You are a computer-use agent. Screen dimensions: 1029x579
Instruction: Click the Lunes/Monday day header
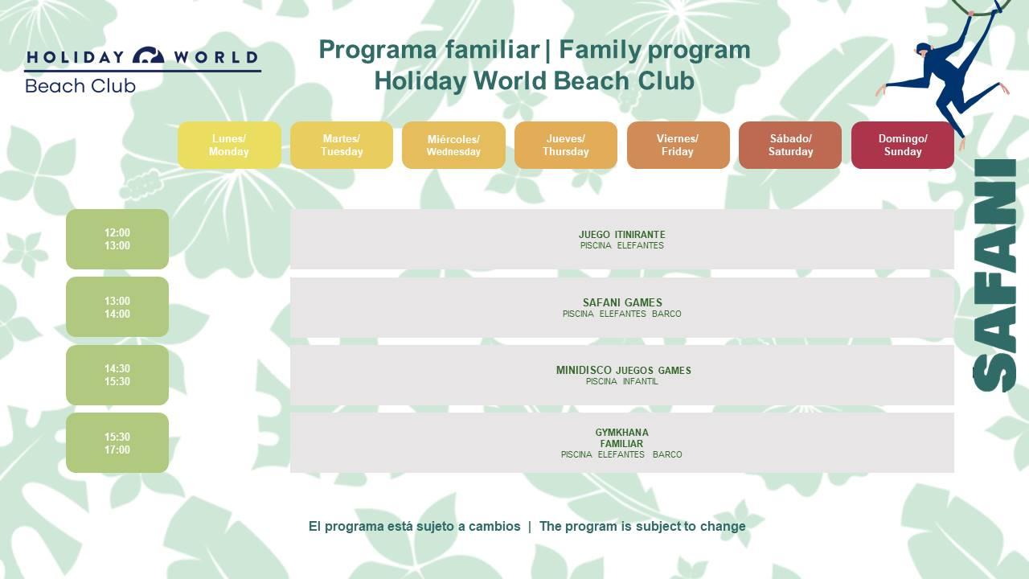(229, 146)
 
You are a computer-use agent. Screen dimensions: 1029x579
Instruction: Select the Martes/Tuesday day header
(342, 146)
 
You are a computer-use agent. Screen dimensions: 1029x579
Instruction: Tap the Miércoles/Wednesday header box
(454, 146)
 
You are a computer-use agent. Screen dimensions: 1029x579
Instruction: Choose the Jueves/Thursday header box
(566, 146)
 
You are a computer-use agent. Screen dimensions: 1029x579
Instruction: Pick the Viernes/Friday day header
(678, 146)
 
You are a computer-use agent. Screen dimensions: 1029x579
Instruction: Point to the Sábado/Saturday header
(790, 146)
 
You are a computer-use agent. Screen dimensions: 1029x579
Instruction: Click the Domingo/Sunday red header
(903, 146)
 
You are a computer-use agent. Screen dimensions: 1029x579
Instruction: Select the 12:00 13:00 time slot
(117, 239)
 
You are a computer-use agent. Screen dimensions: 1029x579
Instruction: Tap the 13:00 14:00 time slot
(117, 307)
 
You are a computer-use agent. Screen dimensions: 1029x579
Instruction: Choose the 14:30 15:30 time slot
(117, 375)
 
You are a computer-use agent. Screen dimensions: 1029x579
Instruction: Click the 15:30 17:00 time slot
(117, 443)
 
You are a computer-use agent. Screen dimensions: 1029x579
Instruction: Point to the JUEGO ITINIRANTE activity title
(622, 235)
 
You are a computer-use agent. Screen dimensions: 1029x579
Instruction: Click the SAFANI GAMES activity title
(622, 303)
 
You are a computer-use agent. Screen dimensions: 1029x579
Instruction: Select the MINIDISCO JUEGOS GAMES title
(623, 371)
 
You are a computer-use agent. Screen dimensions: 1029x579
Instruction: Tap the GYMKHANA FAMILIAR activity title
(622, 438)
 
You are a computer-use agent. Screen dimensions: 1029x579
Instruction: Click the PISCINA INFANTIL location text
(622, 381)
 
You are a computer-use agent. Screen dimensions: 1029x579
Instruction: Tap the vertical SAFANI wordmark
(994, 276)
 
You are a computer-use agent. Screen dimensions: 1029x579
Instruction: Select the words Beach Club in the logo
(80, 86)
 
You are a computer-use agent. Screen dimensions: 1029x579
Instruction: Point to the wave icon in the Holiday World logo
(149, 55)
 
